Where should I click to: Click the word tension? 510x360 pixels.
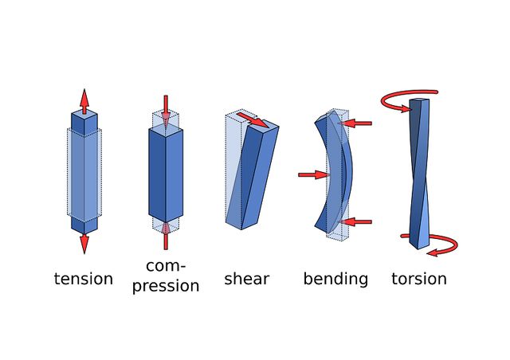point(84,279)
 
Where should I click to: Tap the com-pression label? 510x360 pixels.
point(166,275)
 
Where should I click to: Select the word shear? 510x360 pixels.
point(246,279)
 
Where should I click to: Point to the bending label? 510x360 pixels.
point(335,279)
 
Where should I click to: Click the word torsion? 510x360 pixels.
point(419,279)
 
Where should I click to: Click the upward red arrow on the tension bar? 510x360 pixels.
point(84,101)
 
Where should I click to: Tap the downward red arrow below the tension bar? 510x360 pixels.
point(84,242)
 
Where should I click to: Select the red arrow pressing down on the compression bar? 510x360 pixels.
point(166,109)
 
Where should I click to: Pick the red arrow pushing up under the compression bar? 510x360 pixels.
point(166,234)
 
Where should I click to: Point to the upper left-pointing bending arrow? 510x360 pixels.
point(359,123)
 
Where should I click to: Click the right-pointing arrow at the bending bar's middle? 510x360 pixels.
point(313,174)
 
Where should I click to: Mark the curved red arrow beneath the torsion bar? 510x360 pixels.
point(435,244)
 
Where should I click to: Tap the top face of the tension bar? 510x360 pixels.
point(84,116)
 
